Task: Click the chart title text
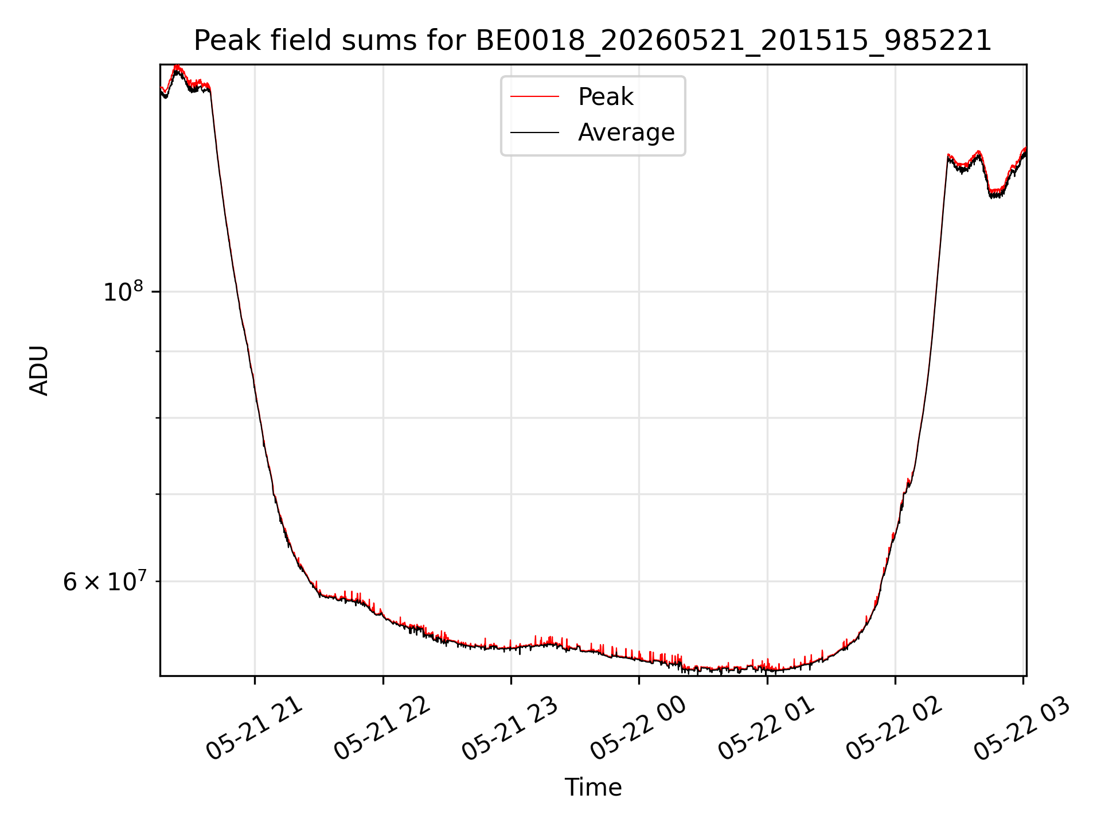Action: [592, 41]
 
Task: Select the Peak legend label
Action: [606, 97]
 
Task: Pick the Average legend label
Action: [626, 133]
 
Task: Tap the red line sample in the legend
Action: [534, 97]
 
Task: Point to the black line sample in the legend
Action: [534, 133]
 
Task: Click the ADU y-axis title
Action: [39, 371]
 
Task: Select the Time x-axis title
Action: [593, 788]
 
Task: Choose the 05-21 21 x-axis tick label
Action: [254, 728]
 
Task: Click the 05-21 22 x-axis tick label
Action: [382, 728]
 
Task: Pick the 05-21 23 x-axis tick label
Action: [510, 728]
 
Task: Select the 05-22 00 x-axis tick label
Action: [638, 728]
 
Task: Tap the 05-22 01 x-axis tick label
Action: [767, 728]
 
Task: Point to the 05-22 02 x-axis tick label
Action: [895, 728]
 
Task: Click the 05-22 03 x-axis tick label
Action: [1022, 728]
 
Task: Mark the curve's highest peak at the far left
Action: [177, 67]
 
